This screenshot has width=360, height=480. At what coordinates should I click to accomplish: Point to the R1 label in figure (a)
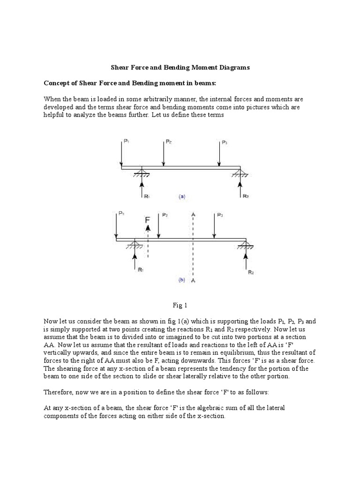pyautogui.click(x=147, y=196)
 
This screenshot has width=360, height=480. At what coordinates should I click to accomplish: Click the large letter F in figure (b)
pyautogui.click(x=148, y=219)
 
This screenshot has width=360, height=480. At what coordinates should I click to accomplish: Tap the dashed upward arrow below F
pyautogui.click(x=148, y=241)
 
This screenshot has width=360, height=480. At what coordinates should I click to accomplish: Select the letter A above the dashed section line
pyautogui.click(x=193, y=214)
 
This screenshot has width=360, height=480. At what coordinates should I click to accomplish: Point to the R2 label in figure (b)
pyautogui.click(x=251, y=272)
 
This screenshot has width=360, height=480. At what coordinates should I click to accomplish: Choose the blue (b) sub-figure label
pyautogui.click(x=182, y=280)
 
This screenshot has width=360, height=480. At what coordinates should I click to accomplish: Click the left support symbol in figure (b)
pyautogui.click(x=135, y=245)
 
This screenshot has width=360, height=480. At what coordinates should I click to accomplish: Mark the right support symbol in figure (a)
pyautogui.click(x=240, y=173)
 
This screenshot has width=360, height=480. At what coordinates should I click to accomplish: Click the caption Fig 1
pyautogui.click(x=180, y=305)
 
